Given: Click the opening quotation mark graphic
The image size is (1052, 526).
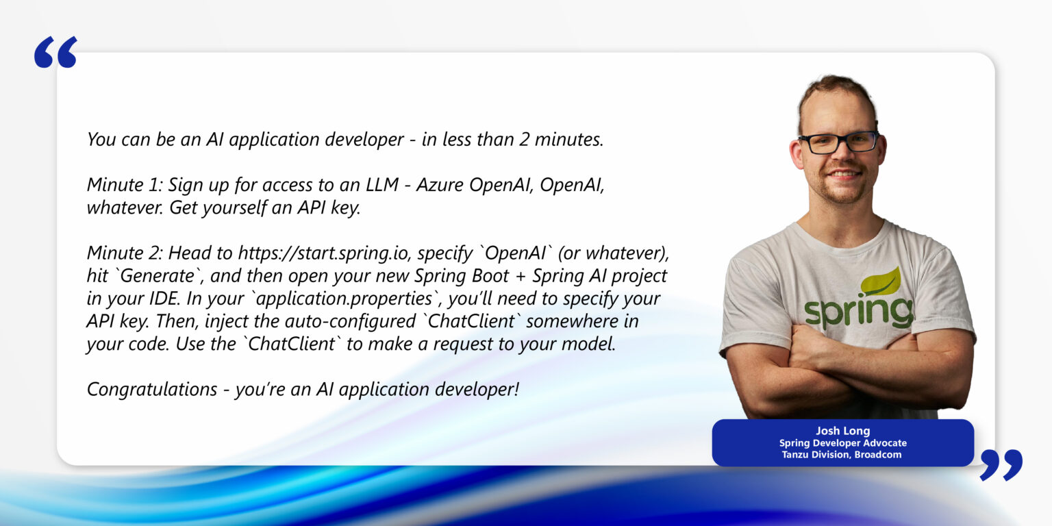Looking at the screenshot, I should coord(55,52).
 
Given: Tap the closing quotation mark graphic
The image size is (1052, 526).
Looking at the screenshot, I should coord(1001,464).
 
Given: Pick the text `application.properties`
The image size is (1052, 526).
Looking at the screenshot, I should coord(344,299).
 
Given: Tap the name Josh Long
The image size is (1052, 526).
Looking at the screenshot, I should coord(842,431).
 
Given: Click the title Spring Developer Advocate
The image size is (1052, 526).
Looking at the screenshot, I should coord(842,443).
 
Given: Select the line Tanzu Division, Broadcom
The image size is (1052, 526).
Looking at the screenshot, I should coord(842,455).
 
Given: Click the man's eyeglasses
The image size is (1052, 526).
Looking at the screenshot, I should coord(838,142).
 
